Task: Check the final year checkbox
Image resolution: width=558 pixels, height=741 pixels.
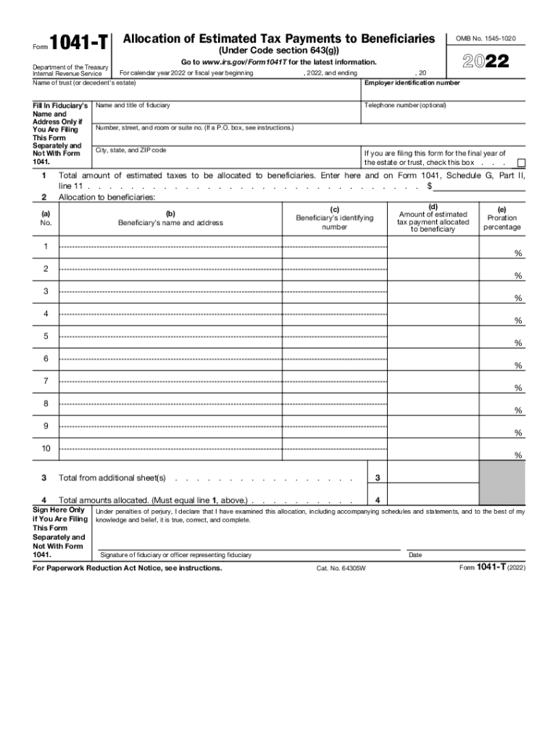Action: point(520,163)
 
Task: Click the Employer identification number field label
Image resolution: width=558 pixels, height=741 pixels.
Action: point(412,83)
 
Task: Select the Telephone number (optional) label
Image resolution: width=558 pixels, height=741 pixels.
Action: point(405,106)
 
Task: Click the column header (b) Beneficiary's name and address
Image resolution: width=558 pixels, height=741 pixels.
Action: point(170,218)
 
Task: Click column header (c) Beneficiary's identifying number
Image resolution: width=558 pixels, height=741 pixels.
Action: point(334,218)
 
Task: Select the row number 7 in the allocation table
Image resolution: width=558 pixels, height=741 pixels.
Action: point(46,381)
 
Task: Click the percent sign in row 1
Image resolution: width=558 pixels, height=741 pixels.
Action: point(517,253)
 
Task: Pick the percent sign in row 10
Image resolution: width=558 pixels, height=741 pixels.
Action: point(517,455)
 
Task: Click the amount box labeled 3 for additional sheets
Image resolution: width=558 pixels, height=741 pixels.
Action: point(433,478)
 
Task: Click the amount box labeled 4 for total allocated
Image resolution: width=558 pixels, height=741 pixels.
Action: point(433,500)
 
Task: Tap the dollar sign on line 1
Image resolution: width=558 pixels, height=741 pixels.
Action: point(430,186)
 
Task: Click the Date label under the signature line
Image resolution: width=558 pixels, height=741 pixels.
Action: point(415,555)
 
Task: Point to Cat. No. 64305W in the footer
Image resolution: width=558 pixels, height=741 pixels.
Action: point(341,569)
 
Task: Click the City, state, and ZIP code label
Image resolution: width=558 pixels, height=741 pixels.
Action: point(131,151)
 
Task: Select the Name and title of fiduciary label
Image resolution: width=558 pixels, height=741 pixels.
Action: point(133,106)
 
